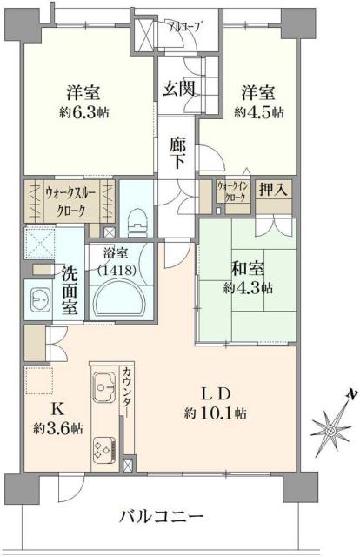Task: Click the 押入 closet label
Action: pyautogui.click(x=272, y=190)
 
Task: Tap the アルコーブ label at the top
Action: pyautogui.click(x=184, y=26)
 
